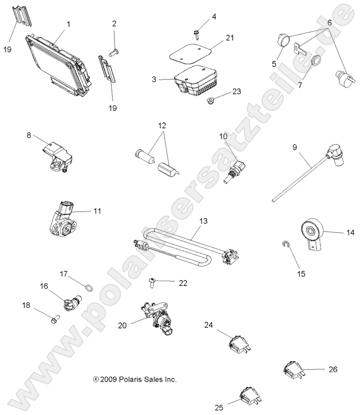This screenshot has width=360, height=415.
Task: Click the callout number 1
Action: (68, 24)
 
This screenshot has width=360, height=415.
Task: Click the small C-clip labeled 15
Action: (285, 246)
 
